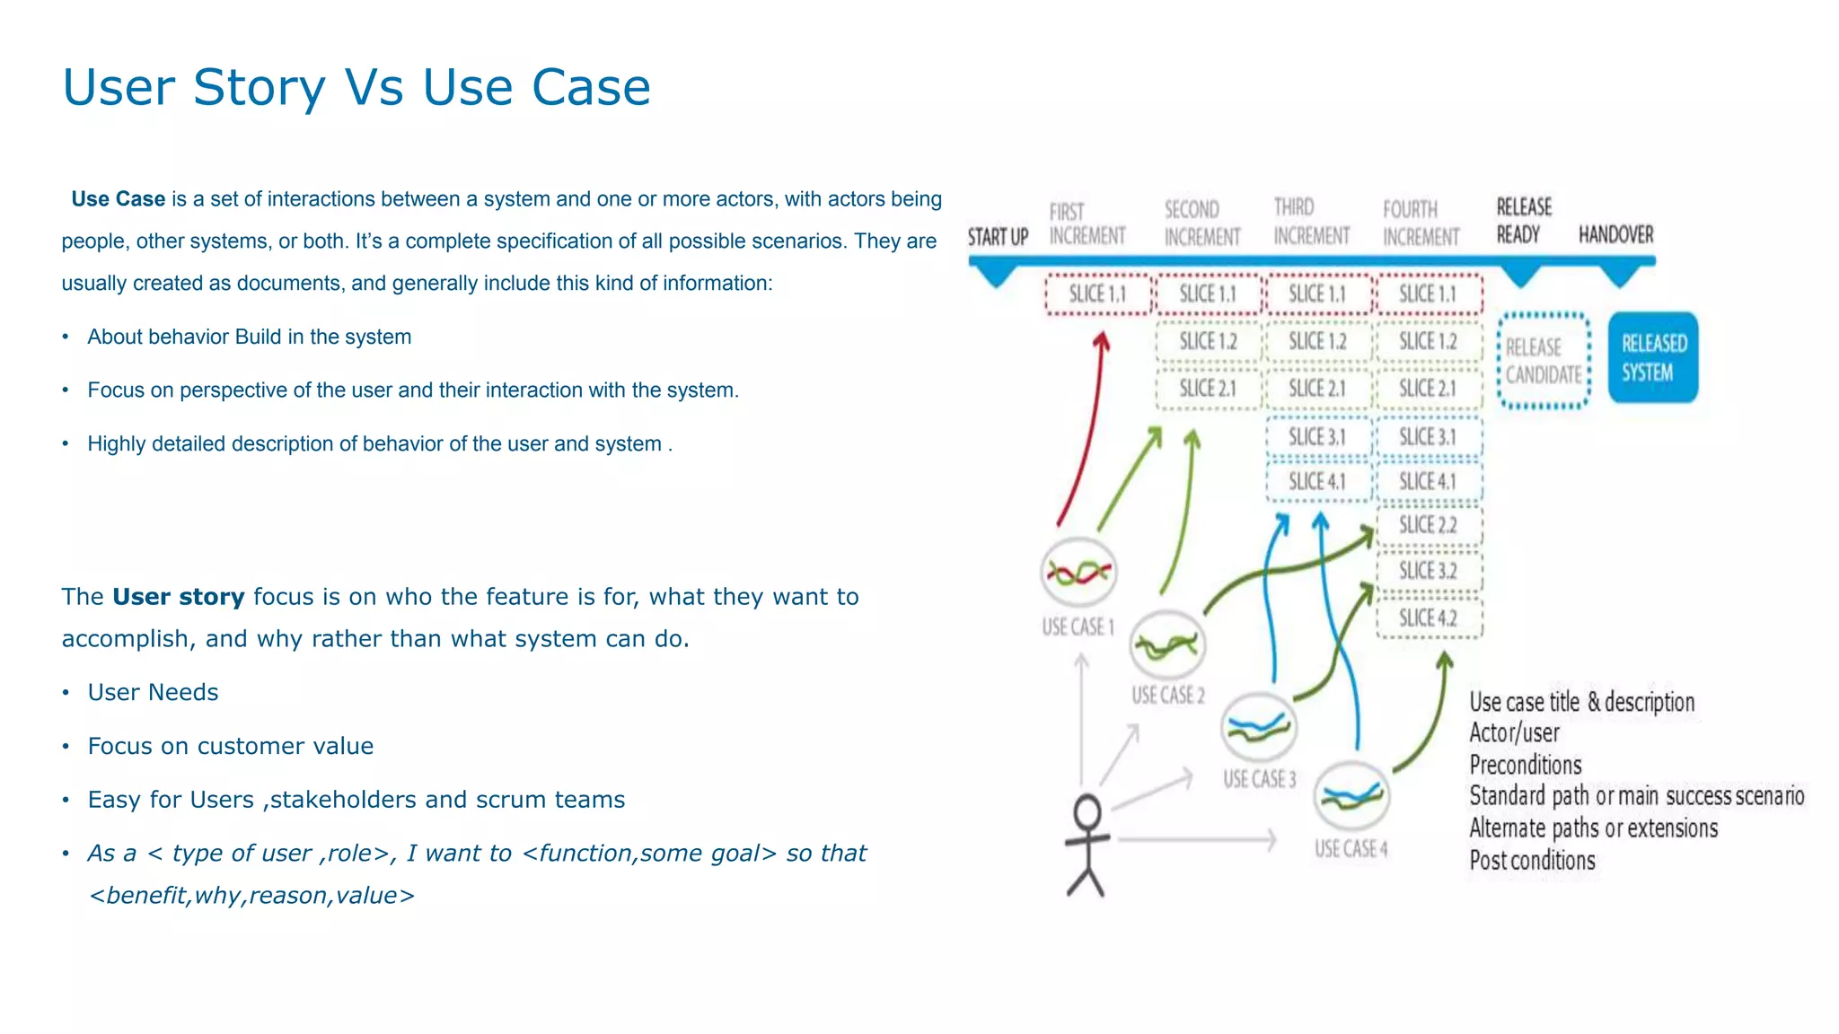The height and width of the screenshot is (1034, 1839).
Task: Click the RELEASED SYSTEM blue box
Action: click(x=1652, y=357)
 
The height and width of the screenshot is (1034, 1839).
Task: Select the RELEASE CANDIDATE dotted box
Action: click(x=1544, y=361)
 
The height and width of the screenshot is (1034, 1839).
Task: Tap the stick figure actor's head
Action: click(x=1087, y=813)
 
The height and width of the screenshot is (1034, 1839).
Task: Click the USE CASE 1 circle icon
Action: click(x=1078, y=572)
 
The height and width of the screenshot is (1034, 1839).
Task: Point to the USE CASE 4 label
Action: click(x=1351, y=849)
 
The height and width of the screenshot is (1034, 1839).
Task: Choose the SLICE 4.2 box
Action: click(x=1428, y=618)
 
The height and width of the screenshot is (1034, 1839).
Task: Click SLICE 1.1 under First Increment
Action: click(x=1097, y=294)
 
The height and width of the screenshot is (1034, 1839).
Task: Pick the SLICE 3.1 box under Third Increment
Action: click(x=1317, y=437)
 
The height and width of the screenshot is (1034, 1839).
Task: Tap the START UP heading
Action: click(x=998, y=237)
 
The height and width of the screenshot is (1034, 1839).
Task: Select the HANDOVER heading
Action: click(x=1615, y=235)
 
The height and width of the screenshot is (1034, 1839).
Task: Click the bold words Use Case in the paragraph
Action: click(x=118, y=199)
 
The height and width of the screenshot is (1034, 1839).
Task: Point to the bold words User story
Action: click(x=178, y=597)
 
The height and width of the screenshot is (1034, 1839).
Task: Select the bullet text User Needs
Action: click(x=153, y=693)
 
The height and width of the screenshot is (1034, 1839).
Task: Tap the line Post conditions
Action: click(x=1532, y=861)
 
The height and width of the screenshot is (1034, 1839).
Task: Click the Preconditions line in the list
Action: click(x=1525, y=766)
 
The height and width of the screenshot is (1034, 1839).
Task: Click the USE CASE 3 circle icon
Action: click(x=1259, y=728)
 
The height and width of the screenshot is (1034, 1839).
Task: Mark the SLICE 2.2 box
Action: click(x=1428, y=525)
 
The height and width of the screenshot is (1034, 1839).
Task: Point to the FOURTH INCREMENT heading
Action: click(x=1421, y=223)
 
